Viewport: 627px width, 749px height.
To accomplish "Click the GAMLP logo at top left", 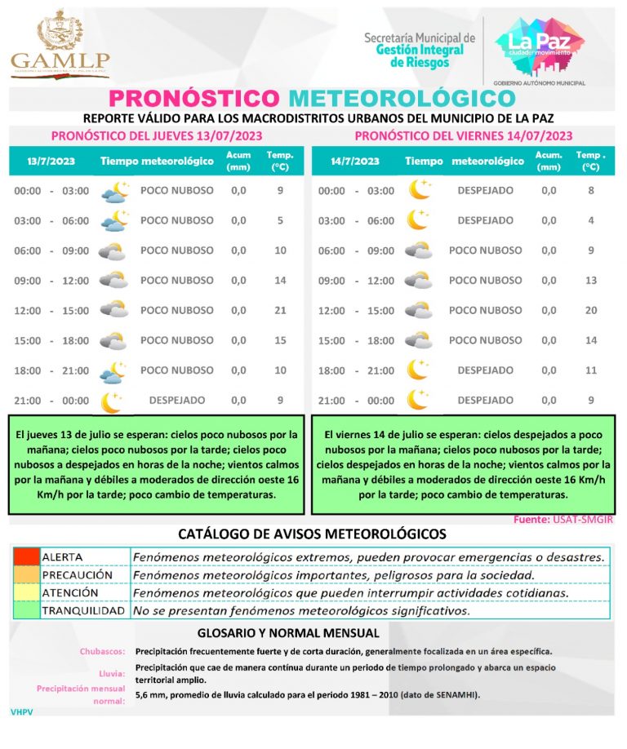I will (x=60, y=44).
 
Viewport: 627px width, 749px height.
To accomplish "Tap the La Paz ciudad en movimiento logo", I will (x=540, y=44).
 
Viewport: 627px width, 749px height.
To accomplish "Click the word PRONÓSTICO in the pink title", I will (x=193, y=98).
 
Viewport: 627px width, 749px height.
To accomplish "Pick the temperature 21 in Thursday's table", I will (x=280, y=310).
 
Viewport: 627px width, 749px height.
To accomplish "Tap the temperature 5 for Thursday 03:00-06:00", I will (x=280, y=220).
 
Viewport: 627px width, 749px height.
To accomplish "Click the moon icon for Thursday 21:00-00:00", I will (x=111, y=401).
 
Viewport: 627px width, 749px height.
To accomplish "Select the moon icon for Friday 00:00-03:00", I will (x=419, y=190).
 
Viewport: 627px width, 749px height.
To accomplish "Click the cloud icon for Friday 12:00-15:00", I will (x=419, y=310).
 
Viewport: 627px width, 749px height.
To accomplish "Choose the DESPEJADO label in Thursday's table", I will (x=177, y=401).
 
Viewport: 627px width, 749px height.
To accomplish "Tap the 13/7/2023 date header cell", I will (x=51, y=162).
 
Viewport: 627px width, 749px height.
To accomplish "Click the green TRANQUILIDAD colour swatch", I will (x=26, y=610).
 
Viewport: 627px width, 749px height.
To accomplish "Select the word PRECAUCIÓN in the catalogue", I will (x=78, y=575).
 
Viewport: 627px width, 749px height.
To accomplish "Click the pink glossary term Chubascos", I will (x=102, y=652).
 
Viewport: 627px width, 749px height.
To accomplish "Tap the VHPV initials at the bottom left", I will (x=21, y=712).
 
